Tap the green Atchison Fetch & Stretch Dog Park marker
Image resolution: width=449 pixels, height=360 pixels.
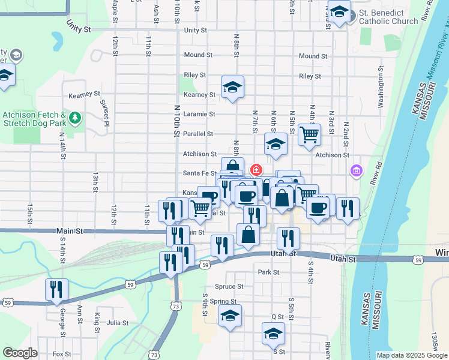(x=75, y=116)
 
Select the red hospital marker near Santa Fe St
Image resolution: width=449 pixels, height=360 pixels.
(x=256, y=170)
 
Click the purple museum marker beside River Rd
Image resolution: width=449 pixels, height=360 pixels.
(x=357, y=172)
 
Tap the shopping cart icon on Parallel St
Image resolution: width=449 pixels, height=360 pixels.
(x=309, y=134)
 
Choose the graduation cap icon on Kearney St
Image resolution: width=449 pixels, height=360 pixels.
(x=232, y=87)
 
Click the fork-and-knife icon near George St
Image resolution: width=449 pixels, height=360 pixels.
(x=56, y=289)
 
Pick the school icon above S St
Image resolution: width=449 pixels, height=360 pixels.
(x=273, y=333)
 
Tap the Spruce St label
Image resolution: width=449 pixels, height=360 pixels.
(x=232, y=287)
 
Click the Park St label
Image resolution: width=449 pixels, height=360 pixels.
(x=268, y=272)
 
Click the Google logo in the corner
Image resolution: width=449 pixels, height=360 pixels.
(x=20, y=353)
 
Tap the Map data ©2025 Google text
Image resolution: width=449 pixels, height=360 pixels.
(x=411, y=355)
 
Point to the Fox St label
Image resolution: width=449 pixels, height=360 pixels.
(x=61, y=354)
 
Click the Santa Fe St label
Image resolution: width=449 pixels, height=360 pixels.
(x=199, y=173)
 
